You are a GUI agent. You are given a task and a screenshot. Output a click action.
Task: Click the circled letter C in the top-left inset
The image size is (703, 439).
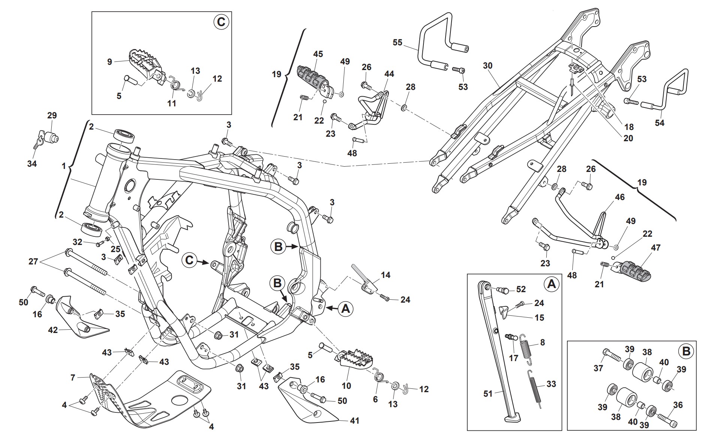click(x=221, y=22)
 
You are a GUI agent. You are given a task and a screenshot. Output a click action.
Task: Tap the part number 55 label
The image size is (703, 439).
click(x=397, y=42)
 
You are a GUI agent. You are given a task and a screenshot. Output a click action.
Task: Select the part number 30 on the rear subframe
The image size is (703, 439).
click(x=488, y=66)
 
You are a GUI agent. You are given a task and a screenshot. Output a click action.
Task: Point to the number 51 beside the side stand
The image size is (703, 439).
click(x=488, y=394)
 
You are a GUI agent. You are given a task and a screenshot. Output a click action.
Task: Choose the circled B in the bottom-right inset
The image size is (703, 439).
click(x=686, y=351)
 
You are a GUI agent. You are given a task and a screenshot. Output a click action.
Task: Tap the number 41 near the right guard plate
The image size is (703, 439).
click(x=354, y=421)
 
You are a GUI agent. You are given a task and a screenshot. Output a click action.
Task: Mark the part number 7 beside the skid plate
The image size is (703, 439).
click(x=73, y=378)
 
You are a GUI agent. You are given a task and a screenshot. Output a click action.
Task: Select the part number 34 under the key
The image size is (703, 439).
click(x=32, y=163)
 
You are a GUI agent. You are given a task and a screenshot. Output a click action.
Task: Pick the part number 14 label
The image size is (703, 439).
click(x=385, y=275)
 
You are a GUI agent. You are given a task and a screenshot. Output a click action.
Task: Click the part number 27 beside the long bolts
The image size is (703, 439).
click(x=33, y=261)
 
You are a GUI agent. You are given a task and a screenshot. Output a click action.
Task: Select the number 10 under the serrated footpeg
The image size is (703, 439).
click(x=346, y=385)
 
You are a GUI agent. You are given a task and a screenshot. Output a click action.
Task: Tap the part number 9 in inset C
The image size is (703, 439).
click(x=109, y=61)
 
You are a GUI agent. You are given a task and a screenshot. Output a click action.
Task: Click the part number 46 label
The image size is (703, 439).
click(x=620, y=197)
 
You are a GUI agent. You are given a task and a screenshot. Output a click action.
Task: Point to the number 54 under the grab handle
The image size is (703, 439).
click(x=659, y=122)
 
